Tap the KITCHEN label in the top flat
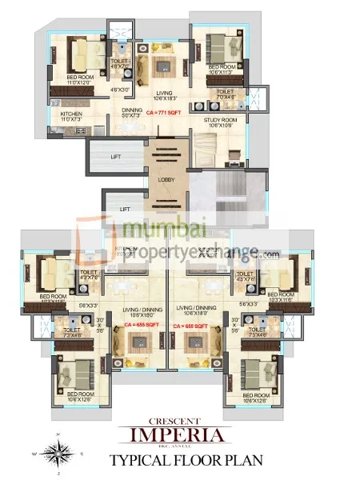[x=71, y=114]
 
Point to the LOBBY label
[x=166, y=180]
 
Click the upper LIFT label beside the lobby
[x=115, y=157]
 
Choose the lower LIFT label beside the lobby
[x=125, y=209]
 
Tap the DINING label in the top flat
[x=133, y=111]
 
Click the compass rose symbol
[x=55, y=451]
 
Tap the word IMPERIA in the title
[x=180, y=434]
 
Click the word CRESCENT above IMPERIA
[x=180, y=421]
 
